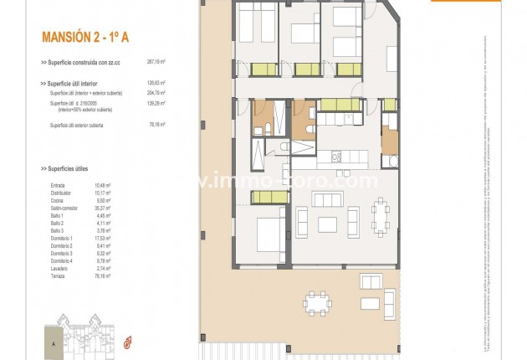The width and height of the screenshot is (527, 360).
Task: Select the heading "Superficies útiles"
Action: pos(69,167)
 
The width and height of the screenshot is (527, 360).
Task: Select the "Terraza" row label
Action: pos(58,275)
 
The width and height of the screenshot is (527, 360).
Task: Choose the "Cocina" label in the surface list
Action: pos(58,200)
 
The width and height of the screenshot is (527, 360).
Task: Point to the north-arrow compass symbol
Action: pos(128,341)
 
